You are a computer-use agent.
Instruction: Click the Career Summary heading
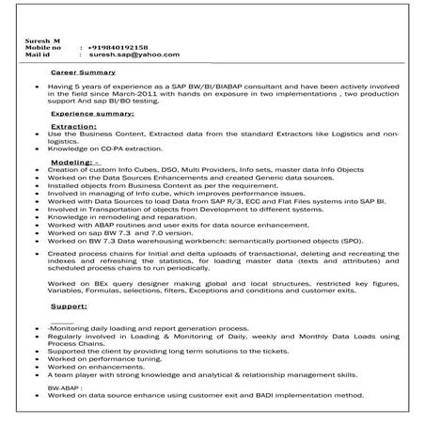[83, 71]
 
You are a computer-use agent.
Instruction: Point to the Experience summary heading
[92, 112]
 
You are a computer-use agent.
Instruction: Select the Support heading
[69, 306]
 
